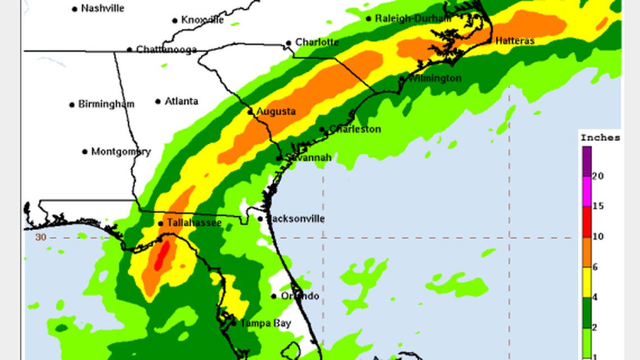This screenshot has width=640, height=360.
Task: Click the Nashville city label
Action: (x=103, y=8)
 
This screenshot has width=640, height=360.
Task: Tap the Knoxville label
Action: (x=202, y=20)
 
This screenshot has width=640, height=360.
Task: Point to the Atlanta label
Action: (x=181, y=102)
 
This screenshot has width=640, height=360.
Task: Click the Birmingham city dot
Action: (x=72, y=105)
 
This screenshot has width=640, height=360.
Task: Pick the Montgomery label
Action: (x=121, y=152)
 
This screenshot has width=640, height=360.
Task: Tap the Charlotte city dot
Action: (x=289, y=43)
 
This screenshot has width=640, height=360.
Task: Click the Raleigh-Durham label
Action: (x=413, y=19)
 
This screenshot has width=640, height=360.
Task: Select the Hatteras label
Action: (x=515, y=40)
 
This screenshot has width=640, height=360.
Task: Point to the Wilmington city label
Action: (x=435, y=79)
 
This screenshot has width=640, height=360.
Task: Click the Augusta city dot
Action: (x=251, y=112)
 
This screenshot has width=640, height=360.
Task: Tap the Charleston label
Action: (x=355, y=129)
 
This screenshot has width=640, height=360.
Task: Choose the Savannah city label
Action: (x=308, y=158)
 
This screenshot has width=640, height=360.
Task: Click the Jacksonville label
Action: (x=295, y=219)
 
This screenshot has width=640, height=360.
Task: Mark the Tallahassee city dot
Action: (x=161, y=224)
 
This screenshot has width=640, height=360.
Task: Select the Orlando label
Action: (x=300, y=296)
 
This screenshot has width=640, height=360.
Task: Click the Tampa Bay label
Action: (x=266, y=323)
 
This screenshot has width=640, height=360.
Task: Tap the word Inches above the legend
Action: (x=600, y=138)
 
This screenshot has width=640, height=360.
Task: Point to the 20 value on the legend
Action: (x=597, y=176)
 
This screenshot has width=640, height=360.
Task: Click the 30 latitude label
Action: (x=40, y=238)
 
